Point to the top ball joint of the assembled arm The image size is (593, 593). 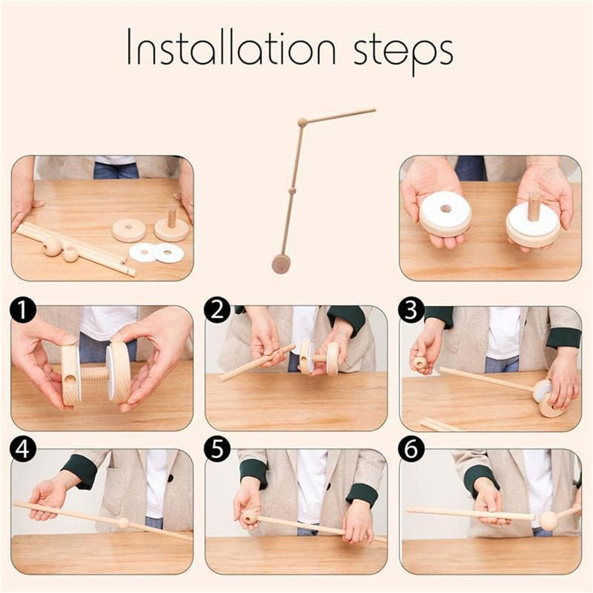[x=302, y=121]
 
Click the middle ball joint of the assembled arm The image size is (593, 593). [x=292, y=191]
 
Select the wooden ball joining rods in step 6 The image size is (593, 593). [x=548, y=521]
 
